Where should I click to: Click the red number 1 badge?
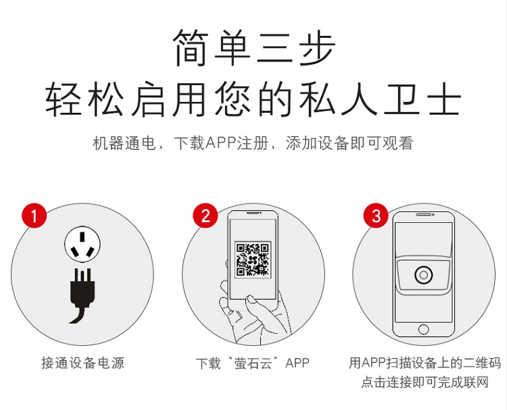coord(34,215)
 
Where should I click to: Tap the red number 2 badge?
coord(206,215)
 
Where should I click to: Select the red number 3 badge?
coord(376,215)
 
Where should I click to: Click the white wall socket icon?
coord(82,245)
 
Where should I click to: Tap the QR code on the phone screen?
coord(253,259)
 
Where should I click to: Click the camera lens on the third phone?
coord(423,276)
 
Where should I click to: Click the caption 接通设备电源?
coord(82,363)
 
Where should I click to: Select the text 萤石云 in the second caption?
coord(254,363)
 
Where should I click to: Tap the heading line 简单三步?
coord(254,47)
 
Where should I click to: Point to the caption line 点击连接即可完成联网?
coord(425,382)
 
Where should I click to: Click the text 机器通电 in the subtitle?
coord(124,143)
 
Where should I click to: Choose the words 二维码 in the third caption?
coord(482,363)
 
